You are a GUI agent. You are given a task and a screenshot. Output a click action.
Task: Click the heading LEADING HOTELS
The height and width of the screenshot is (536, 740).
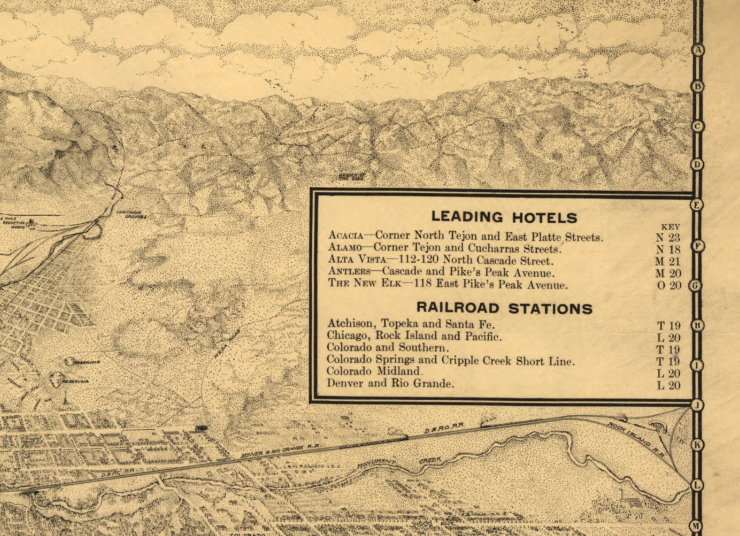[x=504, y=217]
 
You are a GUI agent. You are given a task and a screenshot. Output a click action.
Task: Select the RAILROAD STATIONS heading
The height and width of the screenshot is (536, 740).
[x=504, y=308]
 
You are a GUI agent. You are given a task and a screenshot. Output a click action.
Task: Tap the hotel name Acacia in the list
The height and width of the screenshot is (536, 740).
[x=345, y=235]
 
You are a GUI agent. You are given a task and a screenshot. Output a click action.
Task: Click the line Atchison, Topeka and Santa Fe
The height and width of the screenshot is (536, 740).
[x=410, y=324]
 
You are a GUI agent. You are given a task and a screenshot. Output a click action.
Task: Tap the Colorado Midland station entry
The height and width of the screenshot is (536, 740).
[x=373, y=371]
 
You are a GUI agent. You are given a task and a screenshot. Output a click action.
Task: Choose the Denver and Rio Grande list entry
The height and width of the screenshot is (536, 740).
[x=390, y=384]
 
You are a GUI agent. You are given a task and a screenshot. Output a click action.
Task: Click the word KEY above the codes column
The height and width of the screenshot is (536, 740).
[x=670, y=227]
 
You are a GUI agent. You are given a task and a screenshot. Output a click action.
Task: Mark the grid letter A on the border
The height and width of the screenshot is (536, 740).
[x=698, y=50]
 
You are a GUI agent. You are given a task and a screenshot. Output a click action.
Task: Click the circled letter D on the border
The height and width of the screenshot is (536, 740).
[x=697, y=164]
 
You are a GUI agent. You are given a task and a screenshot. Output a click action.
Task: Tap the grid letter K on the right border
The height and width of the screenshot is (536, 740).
[x=697, y=445]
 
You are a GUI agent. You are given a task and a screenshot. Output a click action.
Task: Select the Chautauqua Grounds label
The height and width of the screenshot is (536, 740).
[x=131, y=214]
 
